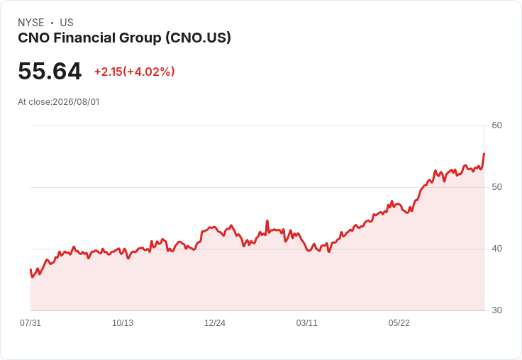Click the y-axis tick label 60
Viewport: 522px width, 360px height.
[x=496, y=125]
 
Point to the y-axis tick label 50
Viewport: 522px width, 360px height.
[x=496, y=187]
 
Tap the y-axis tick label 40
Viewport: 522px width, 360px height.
[x=496, y=249]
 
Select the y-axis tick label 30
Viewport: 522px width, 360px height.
[x=496, y=310]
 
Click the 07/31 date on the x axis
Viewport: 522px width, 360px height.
[x=30, y=322]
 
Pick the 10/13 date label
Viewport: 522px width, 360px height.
[x=123, y=322]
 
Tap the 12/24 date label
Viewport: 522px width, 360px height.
[x=215, y=322]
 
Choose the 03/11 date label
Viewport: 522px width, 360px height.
[x=306, y=322]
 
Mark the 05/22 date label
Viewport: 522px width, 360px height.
[x=399, y=322]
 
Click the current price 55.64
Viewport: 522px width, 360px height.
[x=50, y=71]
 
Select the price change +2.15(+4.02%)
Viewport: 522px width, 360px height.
[x=135, y=72]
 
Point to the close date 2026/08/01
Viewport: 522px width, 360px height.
[x=76, y=102]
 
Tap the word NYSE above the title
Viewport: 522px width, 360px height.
[x=31, y=23]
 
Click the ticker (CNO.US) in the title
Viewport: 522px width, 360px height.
[x=198, y=38]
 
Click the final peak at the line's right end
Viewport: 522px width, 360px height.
[x=484, y=153]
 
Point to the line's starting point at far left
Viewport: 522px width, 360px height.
[x=30, y=269]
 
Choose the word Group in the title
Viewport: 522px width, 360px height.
[x=140, y=38]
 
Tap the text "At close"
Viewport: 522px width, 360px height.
[x=34, y=102]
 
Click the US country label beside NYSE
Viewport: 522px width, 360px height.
[x=67, y=23]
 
